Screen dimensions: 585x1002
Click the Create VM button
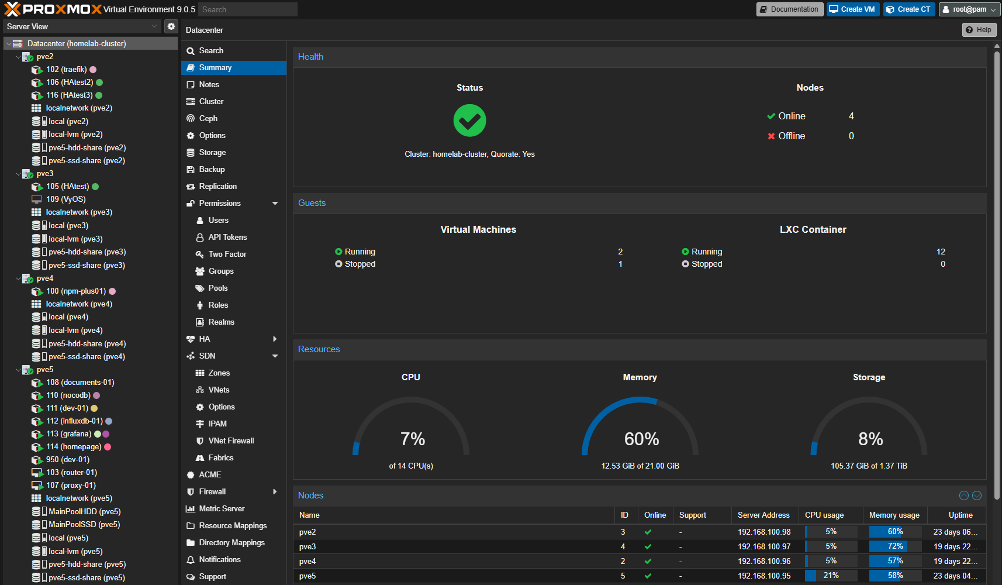click(852, 9)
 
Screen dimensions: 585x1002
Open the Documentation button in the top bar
click(789, 9)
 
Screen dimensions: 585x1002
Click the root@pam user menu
click(969, 9)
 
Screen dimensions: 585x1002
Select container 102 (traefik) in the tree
click(66, 70)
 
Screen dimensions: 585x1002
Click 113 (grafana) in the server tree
click(68, 434)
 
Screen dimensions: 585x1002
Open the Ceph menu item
click(208, 119)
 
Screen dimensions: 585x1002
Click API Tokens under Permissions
click(227, 238)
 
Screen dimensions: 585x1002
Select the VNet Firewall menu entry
click(231, 441)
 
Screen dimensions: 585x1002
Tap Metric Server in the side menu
click(222, 509)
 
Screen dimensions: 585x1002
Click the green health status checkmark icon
click(469, 121)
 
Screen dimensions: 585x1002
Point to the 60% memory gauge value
click(641, 439)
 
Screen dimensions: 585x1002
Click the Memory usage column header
click(894, 515)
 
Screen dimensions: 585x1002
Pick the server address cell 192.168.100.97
click(763, 547)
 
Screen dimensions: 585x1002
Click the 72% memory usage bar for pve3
click(894, 547)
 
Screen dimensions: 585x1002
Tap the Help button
click(979, 30)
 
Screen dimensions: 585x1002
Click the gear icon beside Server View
click(171, 26)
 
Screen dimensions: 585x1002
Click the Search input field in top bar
click(247, 9)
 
